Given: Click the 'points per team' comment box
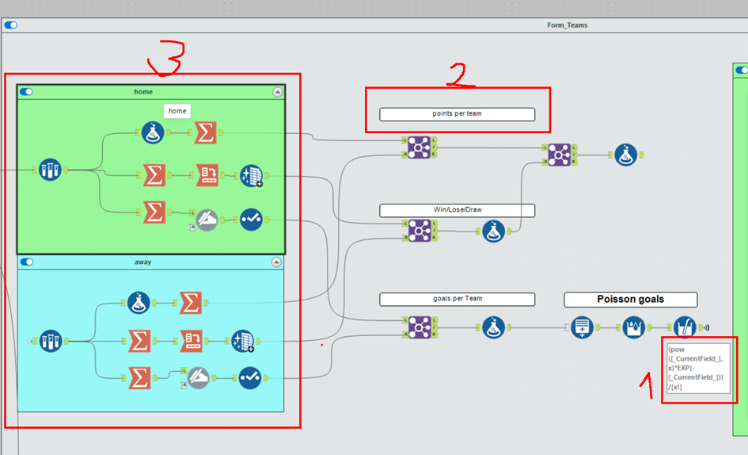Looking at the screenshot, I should coord(457,114).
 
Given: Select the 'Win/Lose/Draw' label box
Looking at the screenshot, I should coord(457,211).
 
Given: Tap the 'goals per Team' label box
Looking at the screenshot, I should coord(457,300).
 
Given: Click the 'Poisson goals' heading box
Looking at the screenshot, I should coord(630,300).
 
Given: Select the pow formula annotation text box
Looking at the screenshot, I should coord(697,369).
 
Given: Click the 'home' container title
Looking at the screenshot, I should coord(143,92).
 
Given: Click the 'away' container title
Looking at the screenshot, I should coord(143,262).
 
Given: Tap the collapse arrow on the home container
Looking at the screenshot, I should coord(277,92).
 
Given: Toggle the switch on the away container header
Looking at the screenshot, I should coord(27,262).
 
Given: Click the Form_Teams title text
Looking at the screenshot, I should coord(567,25).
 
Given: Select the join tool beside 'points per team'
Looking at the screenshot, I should coord(420,147).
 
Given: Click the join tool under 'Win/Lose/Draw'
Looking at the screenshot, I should coord(420,231).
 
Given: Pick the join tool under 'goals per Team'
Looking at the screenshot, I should coord(420,326).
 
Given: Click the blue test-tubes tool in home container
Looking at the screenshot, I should coord(51,169).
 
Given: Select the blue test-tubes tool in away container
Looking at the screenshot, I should coord(51,341).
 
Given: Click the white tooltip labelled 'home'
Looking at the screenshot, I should coord(177,111).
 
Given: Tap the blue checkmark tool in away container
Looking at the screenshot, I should coord(251,378).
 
